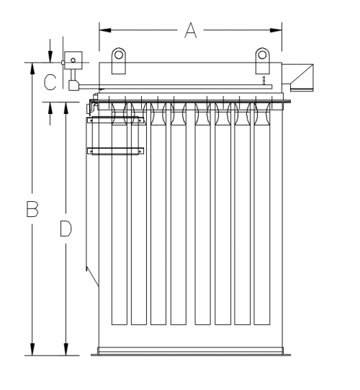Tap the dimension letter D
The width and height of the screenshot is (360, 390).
coord(66,229)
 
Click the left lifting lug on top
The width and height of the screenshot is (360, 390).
coord(118,56)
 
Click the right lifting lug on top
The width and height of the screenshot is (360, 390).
coord(263,56)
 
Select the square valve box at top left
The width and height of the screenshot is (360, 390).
coord(73,59)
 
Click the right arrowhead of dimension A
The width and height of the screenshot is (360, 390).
coord(276,30)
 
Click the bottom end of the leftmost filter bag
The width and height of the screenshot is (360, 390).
coord(119,325)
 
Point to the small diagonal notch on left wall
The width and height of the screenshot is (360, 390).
coord(90,273)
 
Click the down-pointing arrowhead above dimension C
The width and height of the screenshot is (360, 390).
coord(50,58)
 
